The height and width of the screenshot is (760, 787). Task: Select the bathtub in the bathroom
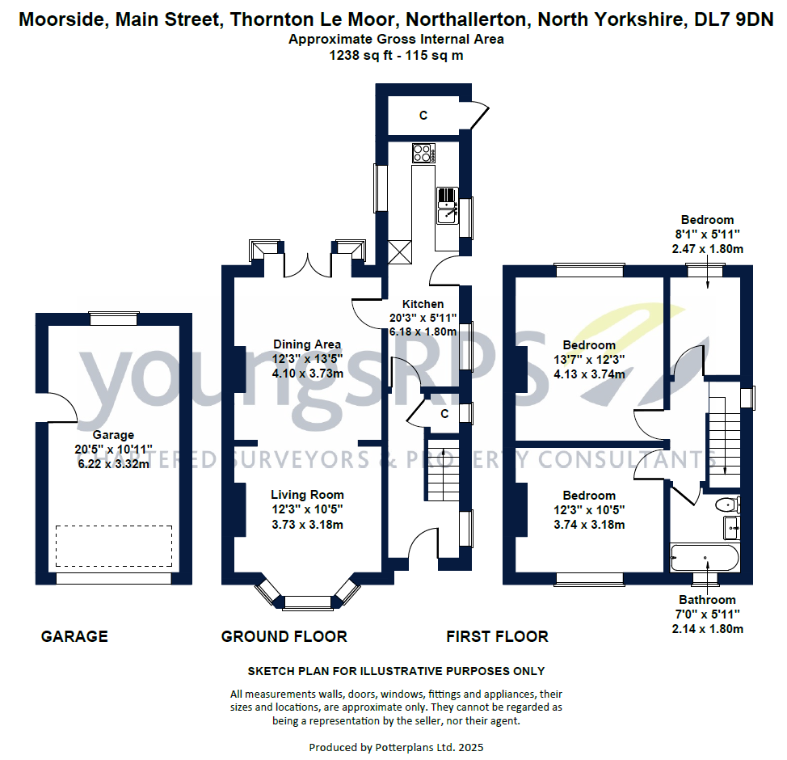(705, 558)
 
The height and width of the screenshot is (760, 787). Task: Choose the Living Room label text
(307, 495)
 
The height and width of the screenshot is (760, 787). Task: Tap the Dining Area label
(307, 344)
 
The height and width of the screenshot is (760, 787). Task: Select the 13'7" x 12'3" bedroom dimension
(589, 360)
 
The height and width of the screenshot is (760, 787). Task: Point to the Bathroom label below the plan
(707, 600)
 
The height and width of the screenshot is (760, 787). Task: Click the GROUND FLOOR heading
(284, 637)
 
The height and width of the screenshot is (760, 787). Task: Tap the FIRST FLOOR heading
(497, 637)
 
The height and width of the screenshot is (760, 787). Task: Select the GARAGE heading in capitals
(74, 637)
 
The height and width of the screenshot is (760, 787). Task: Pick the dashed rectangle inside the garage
(114, 546)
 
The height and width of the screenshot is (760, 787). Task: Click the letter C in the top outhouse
(423, 116)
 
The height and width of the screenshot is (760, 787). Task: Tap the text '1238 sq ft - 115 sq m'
(396, 56)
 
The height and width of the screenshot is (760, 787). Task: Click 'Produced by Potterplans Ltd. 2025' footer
(396, 748)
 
